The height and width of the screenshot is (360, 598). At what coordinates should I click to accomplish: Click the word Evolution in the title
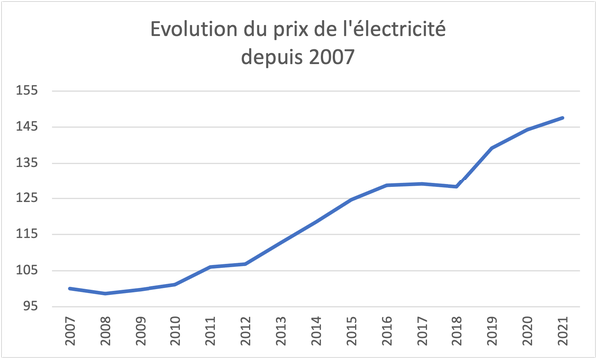[x=192, y=30]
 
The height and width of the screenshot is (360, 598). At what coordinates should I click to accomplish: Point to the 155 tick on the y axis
[x=27, y=91]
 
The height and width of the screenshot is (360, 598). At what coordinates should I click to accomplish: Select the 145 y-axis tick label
[x=27, y=127]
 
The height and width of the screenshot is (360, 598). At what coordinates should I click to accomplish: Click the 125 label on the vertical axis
[x=27, y=198]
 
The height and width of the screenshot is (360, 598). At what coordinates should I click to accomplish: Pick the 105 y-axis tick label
[x=27, y=270]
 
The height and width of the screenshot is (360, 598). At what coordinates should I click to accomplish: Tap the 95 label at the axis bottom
[x=30, y=306]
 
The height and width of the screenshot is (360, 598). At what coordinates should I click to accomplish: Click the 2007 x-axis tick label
[x=71, y=333]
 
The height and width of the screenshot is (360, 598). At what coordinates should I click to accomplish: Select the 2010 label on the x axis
[x=176, y=333]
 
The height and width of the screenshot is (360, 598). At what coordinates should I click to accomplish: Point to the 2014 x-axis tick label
[x=317, y=333]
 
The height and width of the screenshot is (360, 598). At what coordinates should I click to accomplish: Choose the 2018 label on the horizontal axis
[x=457, y=333]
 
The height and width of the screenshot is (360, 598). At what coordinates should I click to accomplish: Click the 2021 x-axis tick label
[x=563, y=333]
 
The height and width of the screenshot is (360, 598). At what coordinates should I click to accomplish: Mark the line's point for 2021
[x=563, y=118]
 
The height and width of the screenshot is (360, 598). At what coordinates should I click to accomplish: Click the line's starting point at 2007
[x=70, y=288]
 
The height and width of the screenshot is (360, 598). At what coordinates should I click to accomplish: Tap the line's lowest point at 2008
[x=105, y=293]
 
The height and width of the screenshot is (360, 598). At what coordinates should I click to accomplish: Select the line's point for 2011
[x=210, y=267]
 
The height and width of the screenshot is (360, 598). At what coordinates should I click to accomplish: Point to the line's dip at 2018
[x=457, y=187]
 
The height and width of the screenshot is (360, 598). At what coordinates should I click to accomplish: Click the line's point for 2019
[x=492, y=148]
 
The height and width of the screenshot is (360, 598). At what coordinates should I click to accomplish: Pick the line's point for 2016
[x=387, y=185]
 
